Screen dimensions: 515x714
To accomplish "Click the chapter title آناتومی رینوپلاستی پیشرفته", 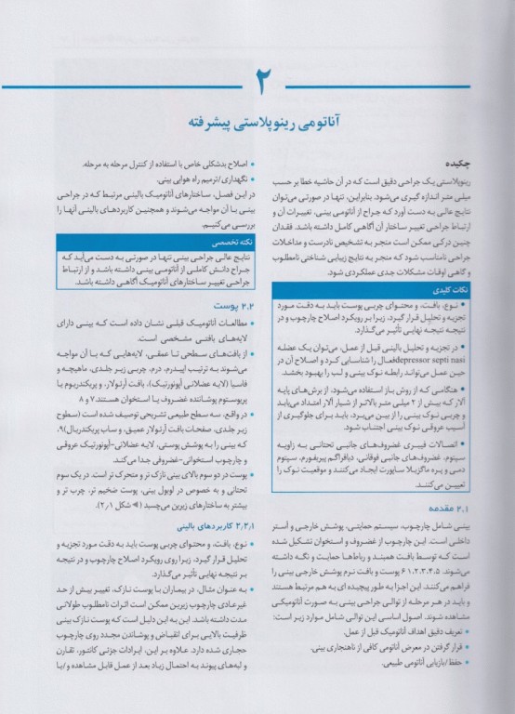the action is [257, 125].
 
